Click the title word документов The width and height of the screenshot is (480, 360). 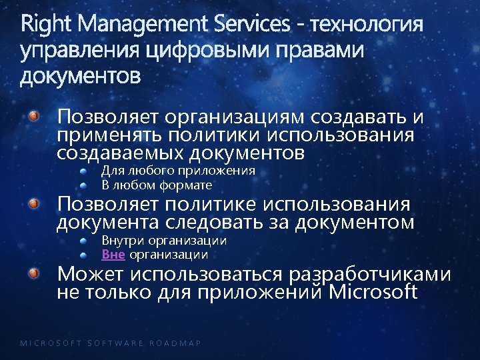tap(81, 77)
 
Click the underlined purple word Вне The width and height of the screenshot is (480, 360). tap(113, 255)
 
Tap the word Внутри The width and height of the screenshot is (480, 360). tap(123, 240)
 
